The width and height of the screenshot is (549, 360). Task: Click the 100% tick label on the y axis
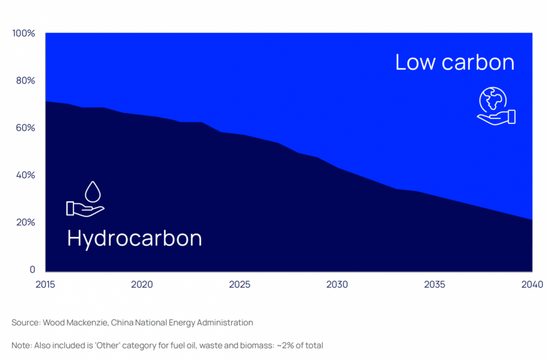(x=24, y=34)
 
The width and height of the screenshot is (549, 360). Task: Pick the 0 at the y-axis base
(x=32, y=269)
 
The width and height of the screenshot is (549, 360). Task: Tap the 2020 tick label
(x=143, y=284)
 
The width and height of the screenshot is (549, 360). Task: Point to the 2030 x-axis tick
(x=337, y=284)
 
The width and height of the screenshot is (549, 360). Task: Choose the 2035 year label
(x=435, y=284)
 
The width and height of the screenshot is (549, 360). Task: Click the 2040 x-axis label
(x=532, y=284)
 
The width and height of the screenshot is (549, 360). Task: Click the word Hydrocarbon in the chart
(x=135, y=238)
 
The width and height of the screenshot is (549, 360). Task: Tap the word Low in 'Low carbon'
(x=414, y=62)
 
